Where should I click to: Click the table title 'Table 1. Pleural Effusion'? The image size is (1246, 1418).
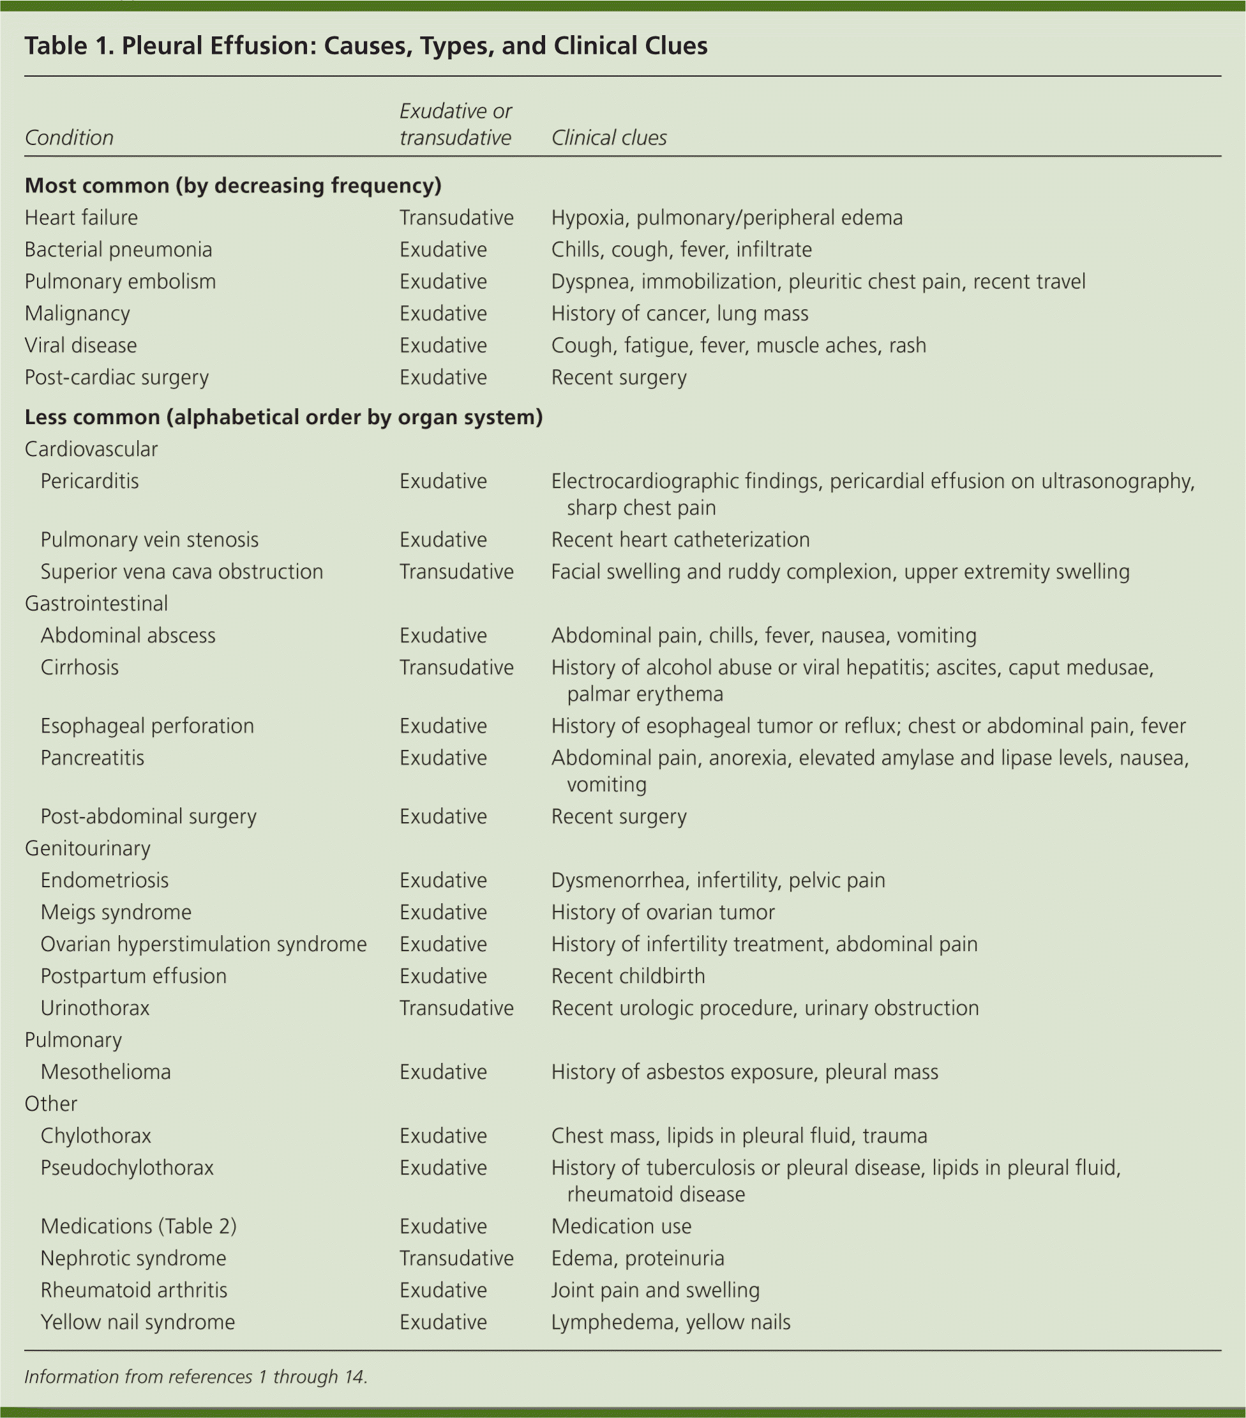point(365,46)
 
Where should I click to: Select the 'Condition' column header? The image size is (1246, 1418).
point(69,137)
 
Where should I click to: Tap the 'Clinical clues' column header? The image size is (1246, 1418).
point(608,137)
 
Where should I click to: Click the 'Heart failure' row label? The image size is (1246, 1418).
point(81,218)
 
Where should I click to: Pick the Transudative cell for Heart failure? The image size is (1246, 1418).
point(456,218)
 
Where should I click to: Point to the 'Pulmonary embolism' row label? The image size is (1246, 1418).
point(120,282)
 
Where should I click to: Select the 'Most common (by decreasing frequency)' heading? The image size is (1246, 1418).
point(233,186)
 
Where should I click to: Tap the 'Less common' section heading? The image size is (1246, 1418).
point(283,417)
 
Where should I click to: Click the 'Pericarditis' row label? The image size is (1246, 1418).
point(89,482)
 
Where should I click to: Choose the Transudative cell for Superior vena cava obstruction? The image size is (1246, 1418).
point(456,572)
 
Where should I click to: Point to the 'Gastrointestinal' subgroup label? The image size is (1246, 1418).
point(96,604)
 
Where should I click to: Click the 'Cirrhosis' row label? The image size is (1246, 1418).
point(79,667)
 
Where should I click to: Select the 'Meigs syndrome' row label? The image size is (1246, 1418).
point(116,912)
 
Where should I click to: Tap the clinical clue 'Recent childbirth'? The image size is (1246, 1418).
point(627,976)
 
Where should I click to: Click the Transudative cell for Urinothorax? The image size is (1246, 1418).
point(456,1008)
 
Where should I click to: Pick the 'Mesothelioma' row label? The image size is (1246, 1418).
point(105,1072)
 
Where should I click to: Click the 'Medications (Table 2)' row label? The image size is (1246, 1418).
point(138,1226)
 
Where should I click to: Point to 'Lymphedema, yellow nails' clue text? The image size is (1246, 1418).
point(670,1322)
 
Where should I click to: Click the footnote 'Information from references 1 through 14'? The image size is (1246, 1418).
point(195,1376)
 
